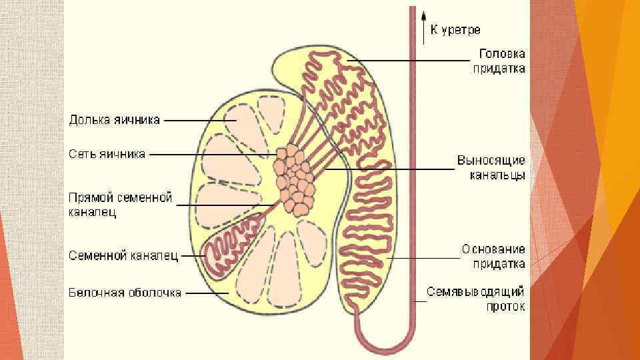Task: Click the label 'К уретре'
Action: tap(455, 30)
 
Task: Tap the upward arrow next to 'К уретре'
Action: tap(423, 27)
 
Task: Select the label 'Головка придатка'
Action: tap(499, 60)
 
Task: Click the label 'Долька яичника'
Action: tap(115, 120)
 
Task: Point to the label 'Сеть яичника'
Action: tap(107, 154)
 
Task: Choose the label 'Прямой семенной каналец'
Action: tap(121, 205)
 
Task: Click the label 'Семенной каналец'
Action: tap(123, 255)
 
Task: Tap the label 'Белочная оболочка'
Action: tap(125, 293)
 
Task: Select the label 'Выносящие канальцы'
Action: tap(491, 168)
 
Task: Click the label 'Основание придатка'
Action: tap(493, 257)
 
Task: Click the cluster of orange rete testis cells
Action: tap(295, 179)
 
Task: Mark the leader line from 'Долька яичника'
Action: tap(197, 121)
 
